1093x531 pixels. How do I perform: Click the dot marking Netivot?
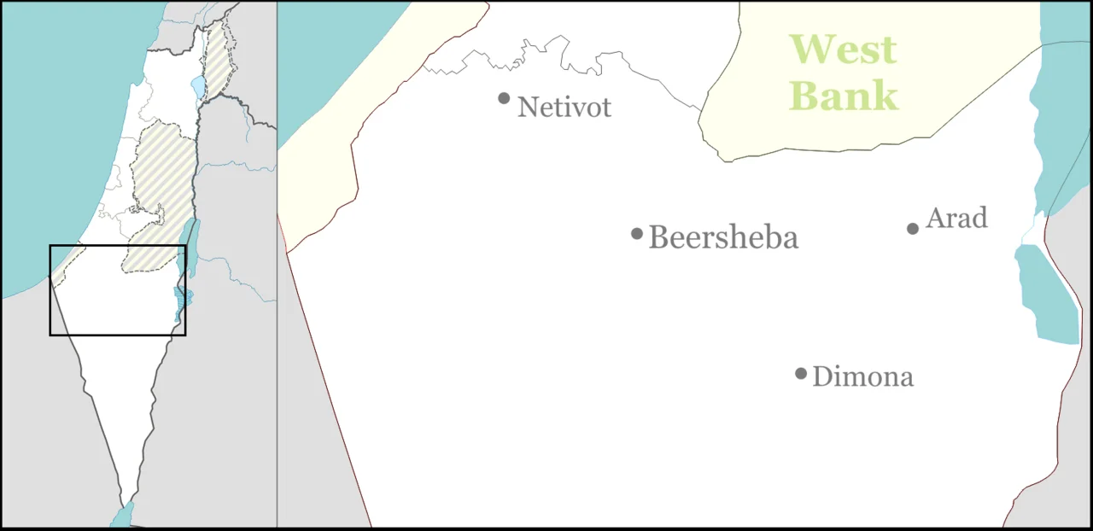click(504, 98)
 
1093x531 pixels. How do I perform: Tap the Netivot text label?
click(564, 108)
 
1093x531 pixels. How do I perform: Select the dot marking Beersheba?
click(637, 234)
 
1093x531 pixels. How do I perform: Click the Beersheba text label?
click(723, 237)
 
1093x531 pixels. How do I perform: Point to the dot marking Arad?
click(913, 228)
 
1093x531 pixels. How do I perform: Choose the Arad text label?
click(956, 219)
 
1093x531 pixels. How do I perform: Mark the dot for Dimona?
click(801, 373)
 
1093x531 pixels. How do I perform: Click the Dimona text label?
click(862, 376)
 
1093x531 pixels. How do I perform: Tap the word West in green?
click(843, 50)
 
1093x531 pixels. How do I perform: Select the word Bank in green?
click(844, 96)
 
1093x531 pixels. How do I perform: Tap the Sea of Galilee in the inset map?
click(198, 87)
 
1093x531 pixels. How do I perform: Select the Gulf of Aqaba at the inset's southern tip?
click(121, 517)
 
